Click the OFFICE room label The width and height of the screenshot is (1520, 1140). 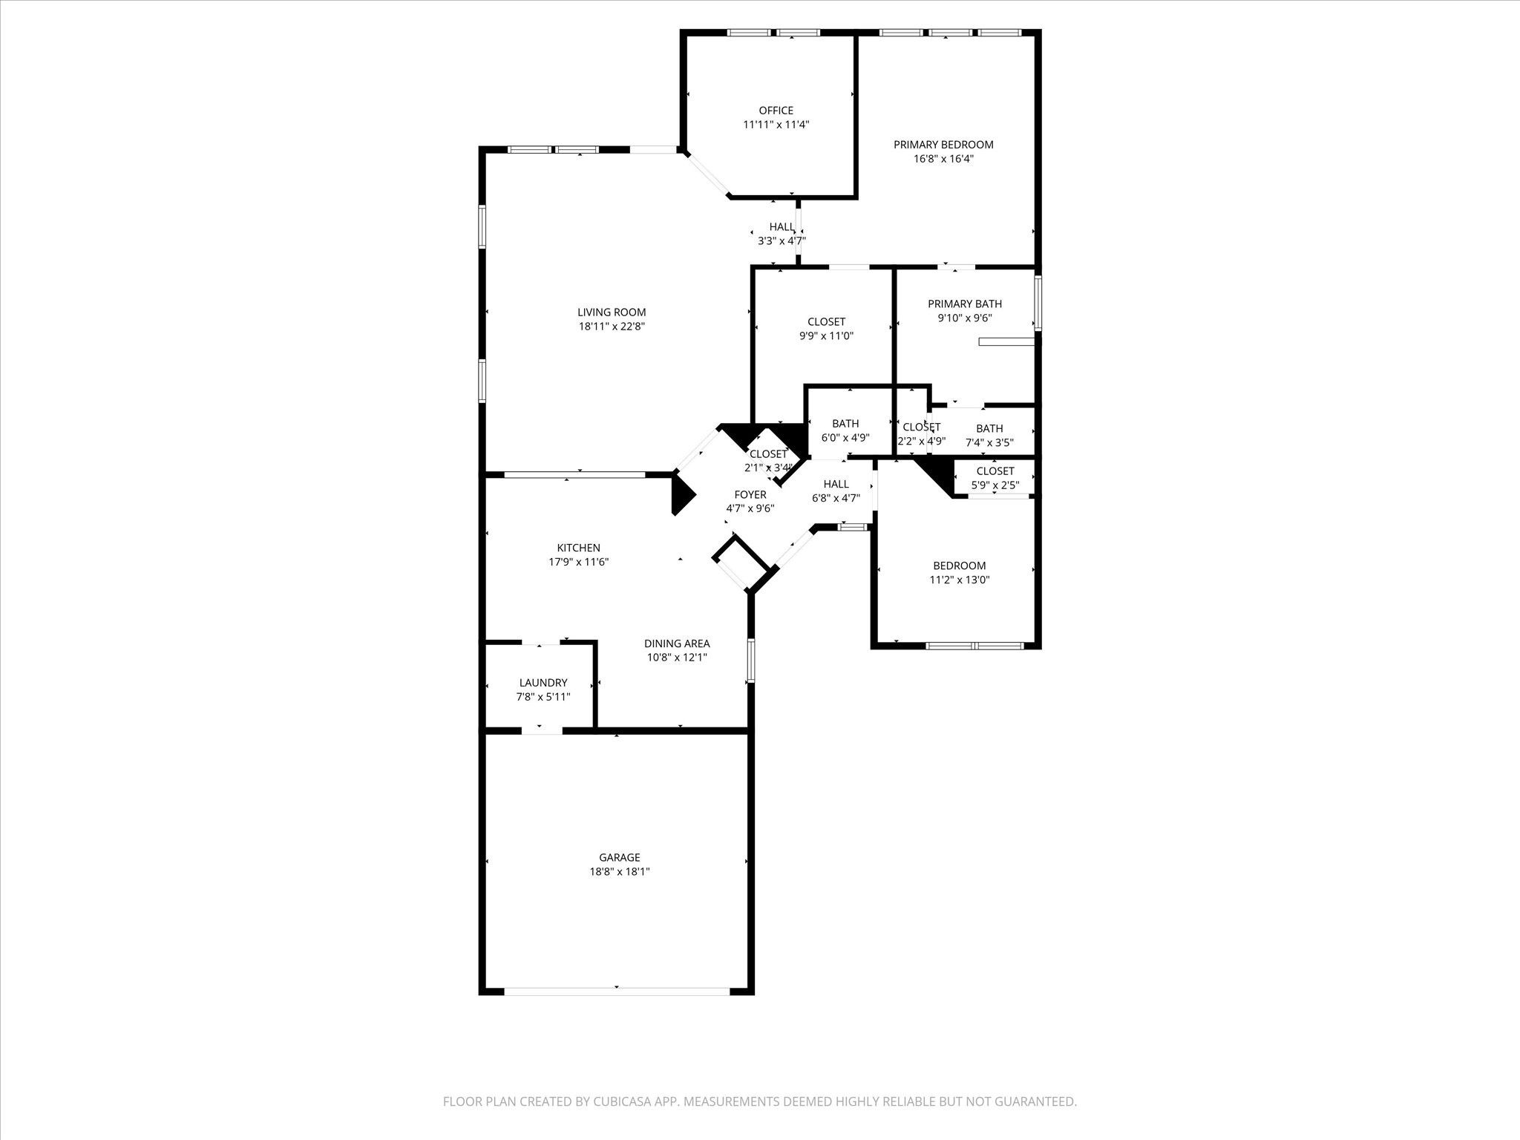776,111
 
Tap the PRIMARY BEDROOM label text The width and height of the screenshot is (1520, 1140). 943,145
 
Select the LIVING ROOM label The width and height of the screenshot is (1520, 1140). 612,312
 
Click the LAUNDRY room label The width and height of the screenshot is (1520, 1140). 543,683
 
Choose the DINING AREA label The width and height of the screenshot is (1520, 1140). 677,643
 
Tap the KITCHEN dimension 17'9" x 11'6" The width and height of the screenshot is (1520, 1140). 579,563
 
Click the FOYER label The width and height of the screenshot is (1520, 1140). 750,495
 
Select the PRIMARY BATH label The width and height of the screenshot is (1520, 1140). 965,304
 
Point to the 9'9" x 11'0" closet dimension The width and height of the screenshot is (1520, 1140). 826,335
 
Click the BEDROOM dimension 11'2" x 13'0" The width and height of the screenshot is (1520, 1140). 960,580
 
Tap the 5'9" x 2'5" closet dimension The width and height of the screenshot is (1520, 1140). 995,485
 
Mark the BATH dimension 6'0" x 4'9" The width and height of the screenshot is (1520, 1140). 845,438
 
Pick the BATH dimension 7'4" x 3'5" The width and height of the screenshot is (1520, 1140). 989,442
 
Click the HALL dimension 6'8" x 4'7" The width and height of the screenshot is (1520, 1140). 836,498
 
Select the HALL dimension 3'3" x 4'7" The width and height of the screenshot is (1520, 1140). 782,240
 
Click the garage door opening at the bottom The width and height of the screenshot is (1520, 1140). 617,990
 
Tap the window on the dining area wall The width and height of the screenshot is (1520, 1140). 751,661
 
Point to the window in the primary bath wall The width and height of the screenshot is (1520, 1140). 1038,303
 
